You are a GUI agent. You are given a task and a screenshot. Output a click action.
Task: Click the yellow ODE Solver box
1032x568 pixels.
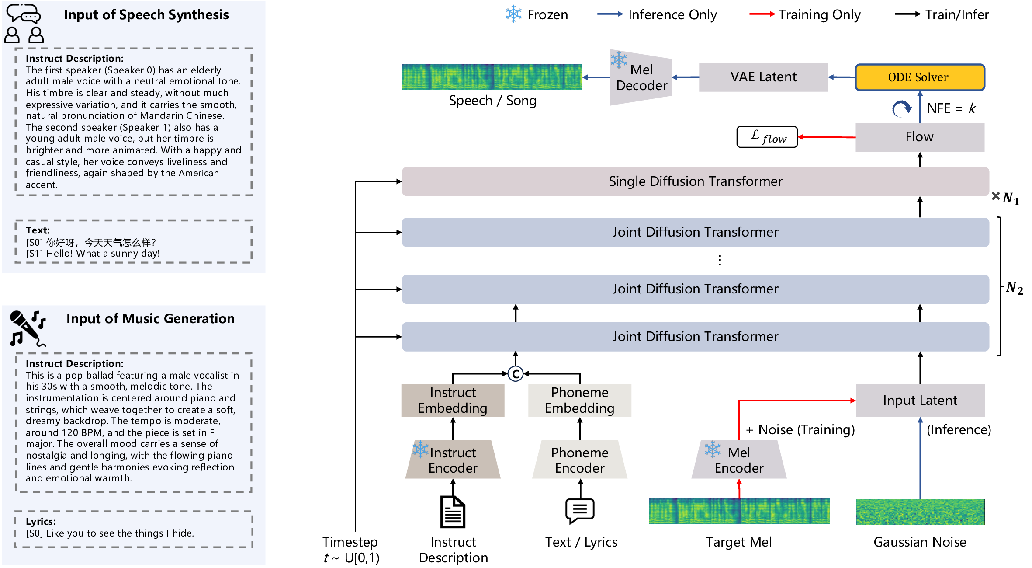[x=919, y=77]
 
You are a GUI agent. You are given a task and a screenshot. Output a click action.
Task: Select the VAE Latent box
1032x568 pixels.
[x=763, y=77]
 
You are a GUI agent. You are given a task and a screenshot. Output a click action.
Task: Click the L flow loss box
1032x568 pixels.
[x=767, y=137]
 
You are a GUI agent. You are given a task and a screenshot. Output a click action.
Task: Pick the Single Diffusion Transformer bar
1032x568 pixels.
[x=695, y=181]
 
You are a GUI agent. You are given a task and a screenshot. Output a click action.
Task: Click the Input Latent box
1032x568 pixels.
[x=920, y=401]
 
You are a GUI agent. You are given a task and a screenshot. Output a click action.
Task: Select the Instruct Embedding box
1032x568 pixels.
[x=453, y=401]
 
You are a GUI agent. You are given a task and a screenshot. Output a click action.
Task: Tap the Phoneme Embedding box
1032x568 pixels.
[x=579, y=401]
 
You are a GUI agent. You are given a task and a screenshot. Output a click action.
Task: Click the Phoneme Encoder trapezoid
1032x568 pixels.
[x=579, y=460]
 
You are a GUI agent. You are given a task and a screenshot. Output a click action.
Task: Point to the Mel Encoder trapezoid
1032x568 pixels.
[x=739, y=460]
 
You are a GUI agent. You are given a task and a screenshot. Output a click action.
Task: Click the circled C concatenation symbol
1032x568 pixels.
[x=516, y=374]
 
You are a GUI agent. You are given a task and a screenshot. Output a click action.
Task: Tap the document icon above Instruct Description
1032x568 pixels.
[x=453, y=512]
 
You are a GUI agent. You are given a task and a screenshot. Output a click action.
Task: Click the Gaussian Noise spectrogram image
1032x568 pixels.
[x=920, y=512]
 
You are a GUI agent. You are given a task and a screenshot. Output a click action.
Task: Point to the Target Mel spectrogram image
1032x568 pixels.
[x=739, y=512]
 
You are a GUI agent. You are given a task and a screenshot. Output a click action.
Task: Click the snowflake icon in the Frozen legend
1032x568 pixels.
[x=513, y=14]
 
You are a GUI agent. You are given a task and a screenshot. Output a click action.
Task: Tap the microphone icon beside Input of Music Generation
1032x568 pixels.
[x=27, y=328]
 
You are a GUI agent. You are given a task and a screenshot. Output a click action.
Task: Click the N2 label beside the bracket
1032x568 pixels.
[x=1014, y=288]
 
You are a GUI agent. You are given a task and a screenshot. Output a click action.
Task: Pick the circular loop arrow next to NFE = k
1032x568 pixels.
[x=901, y=108]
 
